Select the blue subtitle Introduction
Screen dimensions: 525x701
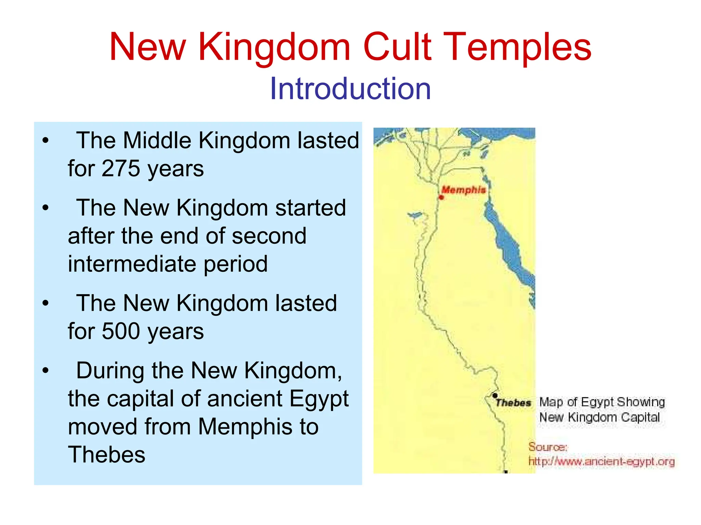350,89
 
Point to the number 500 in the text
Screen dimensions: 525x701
121,331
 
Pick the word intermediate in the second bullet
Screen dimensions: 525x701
132,264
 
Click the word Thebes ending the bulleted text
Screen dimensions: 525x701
106,454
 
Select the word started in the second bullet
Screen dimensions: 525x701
310,208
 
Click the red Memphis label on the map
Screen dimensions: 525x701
463,190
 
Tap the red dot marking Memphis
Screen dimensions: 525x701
441,197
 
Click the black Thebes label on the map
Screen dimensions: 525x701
513,403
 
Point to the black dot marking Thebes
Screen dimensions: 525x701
495,396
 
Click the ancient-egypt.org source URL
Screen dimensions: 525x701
601,462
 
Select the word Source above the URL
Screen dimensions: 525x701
548,447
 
